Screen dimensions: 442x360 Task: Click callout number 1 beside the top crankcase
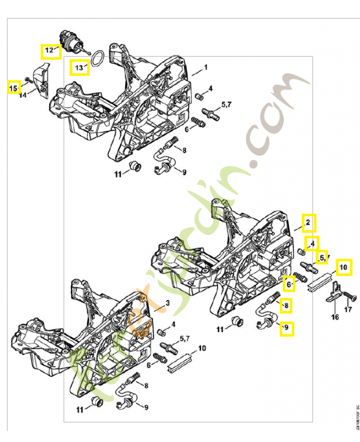pyautogui.click(x=206, y=67)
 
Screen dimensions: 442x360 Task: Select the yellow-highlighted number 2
pyautogui.click(x=309, y=223)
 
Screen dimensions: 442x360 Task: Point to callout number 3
pyautogui.click(x=168, y=303)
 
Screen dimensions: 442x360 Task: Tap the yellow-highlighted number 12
pyautogui.click(x=50, y=51)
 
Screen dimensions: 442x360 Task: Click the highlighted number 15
pyautogui.click(x=13, y=87)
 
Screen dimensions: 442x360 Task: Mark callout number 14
pyautogui.click(x=23, y=96)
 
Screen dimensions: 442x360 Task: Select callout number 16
pyautogui.click(x=335, y=317)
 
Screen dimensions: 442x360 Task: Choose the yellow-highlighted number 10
pyautogui.click(x=344, y=267)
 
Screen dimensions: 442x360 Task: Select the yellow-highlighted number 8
pyautogui.click(x=286, y=304)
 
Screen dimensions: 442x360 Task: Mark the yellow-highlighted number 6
pyautogui.click(x=288, y=284)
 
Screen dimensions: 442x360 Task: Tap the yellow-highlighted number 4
pyautogui.click(x=313, y=243)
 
